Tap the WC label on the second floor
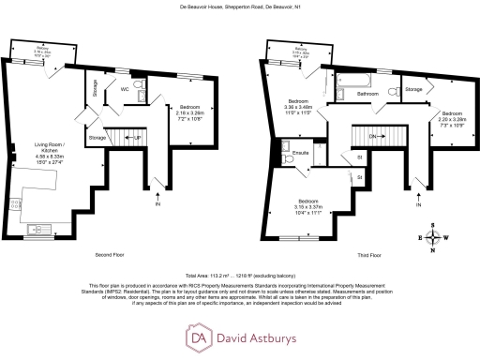(123, 89)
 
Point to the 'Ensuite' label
(301, 150)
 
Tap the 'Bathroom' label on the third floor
(367, 94)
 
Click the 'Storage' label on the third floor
(412, 89)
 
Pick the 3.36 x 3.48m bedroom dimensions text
(299, 107)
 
